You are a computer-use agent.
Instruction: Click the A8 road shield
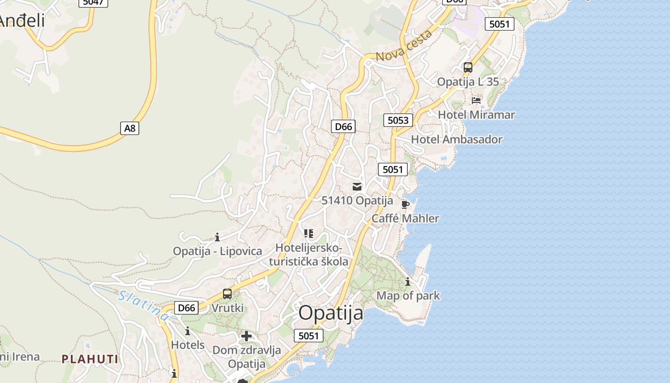pyautogui.click(x=129, y=128)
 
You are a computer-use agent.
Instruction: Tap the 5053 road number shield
pyautogui.click(x=398, y=120)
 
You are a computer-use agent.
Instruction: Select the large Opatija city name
pyautogui.click(x=331, y=313)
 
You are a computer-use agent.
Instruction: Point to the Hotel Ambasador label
pyautogui.click(x=457, y=140)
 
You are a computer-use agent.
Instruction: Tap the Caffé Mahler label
pyautogui.click(x=405, y=219)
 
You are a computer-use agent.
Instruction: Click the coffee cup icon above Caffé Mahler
pyautogui.click(x=405, y=205)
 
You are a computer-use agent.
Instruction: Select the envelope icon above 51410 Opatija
pyautogui.click(x=357, y=187)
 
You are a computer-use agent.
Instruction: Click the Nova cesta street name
pyautogui.click(x=404, y=46)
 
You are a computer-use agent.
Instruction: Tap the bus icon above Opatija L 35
pyautogui.click(x=468, y=68)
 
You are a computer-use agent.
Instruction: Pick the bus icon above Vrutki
pyautogui.click(x=227, y=294)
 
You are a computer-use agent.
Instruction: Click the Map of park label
pyautogui.click(x=408, y=296)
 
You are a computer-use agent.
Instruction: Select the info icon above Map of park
pyautogui.click(x=408, y=282)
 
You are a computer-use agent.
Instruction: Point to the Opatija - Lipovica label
pyautogui.click(x=217, y=251)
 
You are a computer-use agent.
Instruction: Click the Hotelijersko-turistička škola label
pyautogui.click(x=309, y=255)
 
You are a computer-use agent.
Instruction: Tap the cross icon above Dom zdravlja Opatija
pyautogui.click(x=246, y=336)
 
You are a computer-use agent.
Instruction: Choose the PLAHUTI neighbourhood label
pyautogui.click(x=89, y=359)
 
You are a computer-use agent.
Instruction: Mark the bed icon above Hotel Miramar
pyautogui.click(x=476, y=101)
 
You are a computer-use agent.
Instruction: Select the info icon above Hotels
pyautogui.click(x=188, y=331)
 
